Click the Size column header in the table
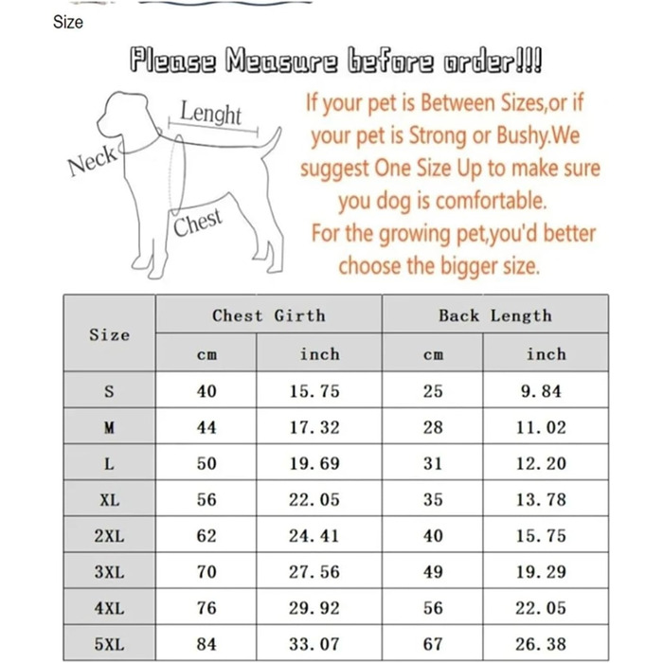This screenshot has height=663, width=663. (109, 334)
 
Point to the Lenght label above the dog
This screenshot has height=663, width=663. (210, 114)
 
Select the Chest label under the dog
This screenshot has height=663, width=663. (198, 224)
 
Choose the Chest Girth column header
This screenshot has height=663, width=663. (268, 315)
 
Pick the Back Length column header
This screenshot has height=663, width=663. (494, 315)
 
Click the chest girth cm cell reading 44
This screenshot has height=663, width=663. (206, 427)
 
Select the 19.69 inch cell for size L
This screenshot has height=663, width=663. (314, 463)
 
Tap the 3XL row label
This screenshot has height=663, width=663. (109, 572)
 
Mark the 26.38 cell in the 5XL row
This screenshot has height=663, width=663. (541, 644)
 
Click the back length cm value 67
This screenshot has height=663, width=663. (433, 644)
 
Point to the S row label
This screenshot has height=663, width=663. (109, 391)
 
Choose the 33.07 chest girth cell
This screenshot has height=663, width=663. (314, 644)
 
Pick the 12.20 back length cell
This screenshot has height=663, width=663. (541, 463)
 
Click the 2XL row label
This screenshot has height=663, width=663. (109, 536)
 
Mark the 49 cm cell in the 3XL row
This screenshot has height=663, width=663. (433, 572)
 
